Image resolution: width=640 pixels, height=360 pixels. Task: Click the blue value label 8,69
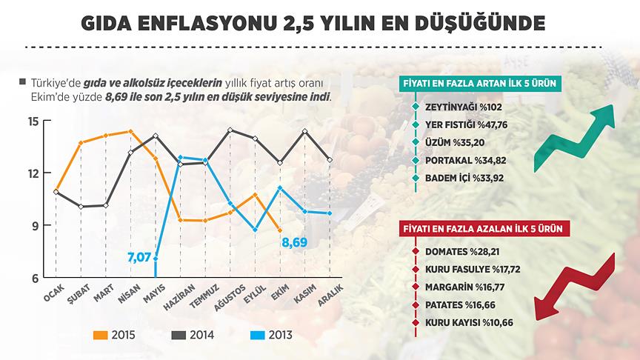click(x=294, y=242)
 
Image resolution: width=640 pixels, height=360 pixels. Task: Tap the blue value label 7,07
click(x=140, y=258)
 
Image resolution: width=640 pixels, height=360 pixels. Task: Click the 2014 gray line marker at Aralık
click(x=330, y=159)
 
